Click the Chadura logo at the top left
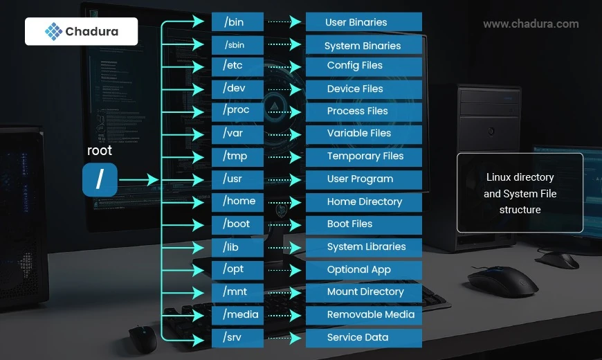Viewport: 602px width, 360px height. [81, 31]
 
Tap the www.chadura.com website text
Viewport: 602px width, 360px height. [531, 24]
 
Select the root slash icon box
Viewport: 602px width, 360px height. [100, 180]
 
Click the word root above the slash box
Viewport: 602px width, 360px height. [100, 150]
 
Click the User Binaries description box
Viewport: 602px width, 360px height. [364, 22]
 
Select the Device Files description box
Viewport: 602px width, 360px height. [364, 89]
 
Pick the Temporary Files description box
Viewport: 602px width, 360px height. [364, 156]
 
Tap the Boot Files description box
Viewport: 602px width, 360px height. [364, 224]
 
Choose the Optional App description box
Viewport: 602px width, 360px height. [364, 269]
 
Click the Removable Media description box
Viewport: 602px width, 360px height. [364, 314]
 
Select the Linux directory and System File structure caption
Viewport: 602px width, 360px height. [520, 193]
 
